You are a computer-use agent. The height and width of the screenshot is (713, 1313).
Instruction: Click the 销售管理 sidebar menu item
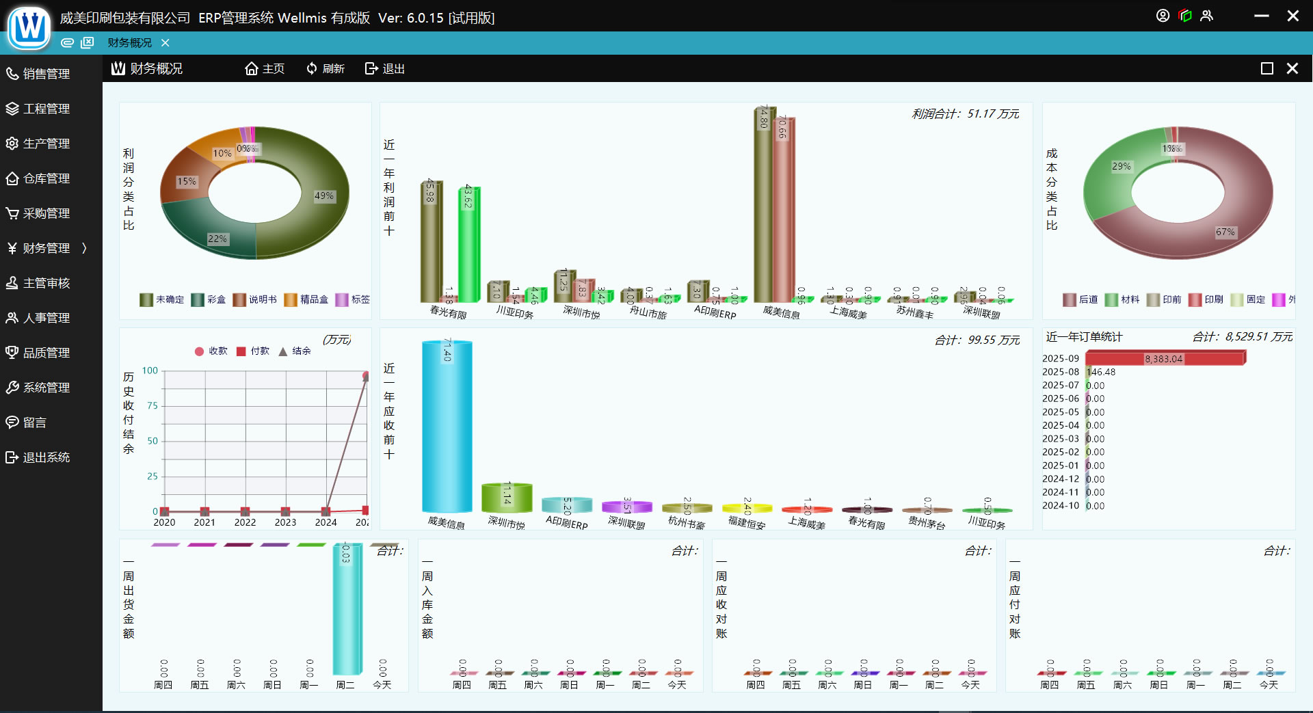tap(46, 74)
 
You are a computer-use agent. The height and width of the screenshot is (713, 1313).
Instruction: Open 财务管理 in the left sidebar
tap(46, 248)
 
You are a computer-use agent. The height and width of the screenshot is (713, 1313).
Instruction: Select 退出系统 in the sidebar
tap(46, 457)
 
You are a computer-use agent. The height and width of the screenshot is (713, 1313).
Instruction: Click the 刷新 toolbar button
tap(326, 68)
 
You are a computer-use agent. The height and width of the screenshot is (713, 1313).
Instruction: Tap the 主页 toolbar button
tap(265, 68)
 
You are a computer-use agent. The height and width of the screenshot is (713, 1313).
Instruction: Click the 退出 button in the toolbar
tap(385, 68)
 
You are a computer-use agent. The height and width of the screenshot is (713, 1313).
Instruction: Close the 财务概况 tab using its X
tap(165, 42)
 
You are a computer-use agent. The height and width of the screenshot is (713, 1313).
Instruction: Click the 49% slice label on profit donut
tap(323, 196)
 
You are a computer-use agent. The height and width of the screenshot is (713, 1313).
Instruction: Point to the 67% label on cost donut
tap(1225, 232)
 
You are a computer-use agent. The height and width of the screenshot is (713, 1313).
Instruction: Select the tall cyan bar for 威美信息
tap(447, 427)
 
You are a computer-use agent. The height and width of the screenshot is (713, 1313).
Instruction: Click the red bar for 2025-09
tap(1165, 358)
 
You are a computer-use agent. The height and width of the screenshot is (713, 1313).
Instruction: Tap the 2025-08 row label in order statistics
tap(1060, 372)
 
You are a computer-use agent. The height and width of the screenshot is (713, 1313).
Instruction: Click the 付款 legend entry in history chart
tap(252, 351)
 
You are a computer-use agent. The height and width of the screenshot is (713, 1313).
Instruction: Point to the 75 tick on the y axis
tap(152, 405)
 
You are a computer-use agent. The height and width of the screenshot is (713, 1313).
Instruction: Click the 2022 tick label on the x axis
tap(245, 522)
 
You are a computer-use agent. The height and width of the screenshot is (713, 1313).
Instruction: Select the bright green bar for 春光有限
tap(469, 244)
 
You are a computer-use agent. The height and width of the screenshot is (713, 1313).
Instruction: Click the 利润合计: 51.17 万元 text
tap(965, 113)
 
